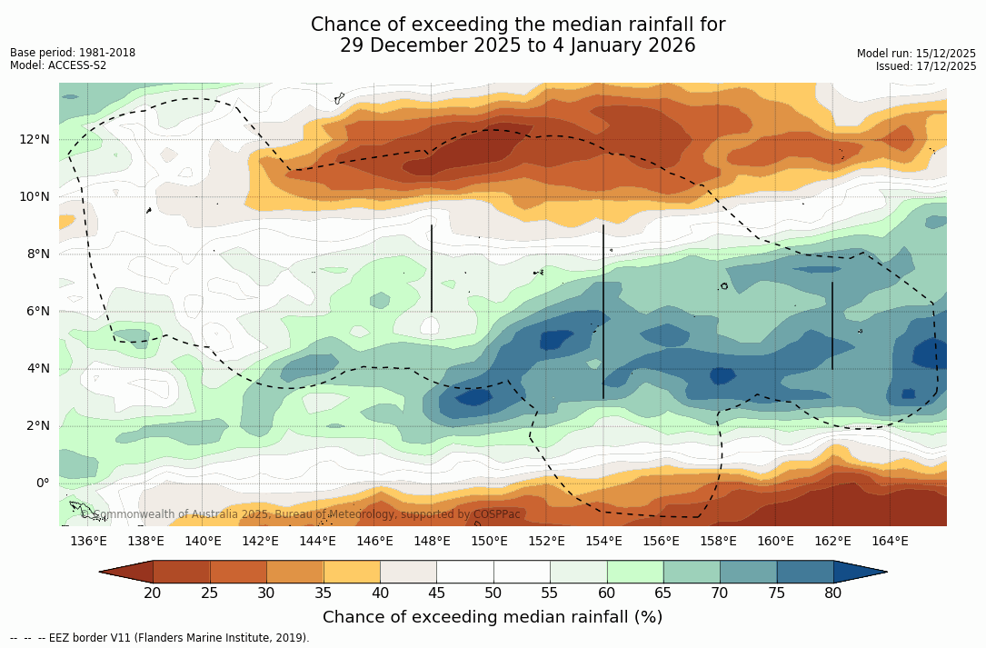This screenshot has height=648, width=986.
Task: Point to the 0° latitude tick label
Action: click(42, 483)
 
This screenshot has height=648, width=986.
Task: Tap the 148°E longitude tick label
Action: click(432, 542)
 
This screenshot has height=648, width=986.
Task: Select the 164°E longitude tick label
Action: click(890, 542)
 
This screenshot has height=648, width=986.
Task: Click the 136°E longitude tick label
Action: click(88, 542)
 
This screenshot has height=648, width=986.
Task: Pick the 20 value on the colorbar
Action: click(153, 593)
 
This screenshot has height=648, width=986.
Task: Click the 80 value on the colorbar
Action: click(833, 593)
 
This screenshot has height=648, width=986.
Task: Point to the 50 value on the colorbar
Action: click(493, 593)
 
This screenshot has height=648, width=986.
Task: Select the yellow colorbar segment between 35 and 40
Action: click(352, 572)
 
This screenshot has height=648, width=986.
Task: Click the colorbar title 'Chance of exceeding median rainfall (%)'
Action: click(493, 617)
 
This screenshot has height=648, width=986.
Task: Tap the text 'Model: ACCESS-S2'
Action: click(58, 65)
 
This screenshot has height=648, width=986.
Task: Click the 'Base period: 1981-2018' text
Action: click(73, 53)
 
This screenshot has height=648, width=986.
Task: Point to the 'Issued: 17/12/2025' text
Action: click(925, 66)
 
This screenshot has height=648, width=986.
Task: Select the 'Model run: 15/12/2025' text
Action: click(916, 54)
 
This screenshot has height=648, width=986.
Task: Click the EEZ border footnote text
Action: click(160, 638)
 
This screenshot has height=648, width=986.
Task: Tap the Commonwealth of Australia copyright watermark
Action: click(301, 514)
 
